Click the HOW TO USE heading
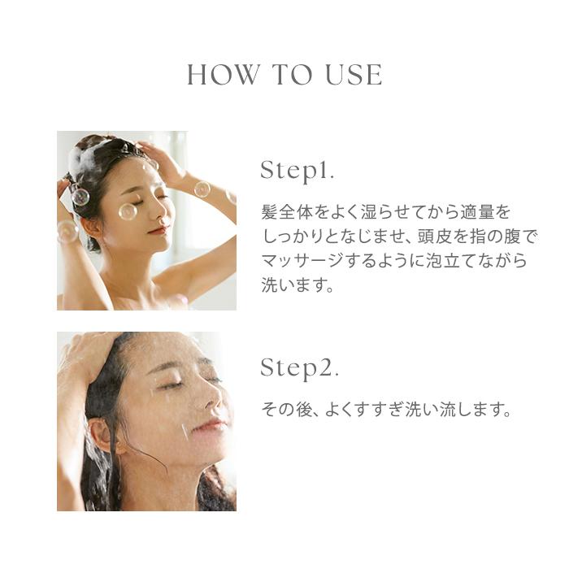284,76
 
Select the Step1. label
298,171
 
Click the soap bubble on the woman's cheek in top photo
128,211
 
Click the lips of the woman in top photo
159,232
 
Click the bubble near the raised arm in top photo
202,189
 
